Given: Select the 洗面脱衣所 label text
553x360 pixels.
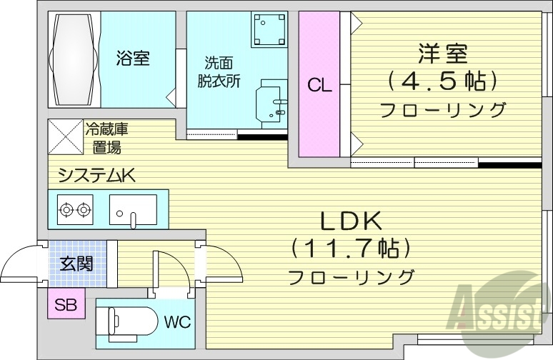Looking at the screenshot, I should (x=219, y=71).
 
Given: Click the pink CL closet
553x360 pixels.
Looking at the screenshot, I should (x=319, y=86).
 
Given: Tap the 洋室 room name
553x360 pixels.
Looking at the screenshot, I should (x=443, y=54).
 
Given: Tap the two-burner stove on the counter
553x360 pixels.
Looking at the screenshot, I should (x=76, y=210).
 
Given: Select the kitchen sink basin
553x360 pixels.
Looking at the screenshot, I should (x=133, y=210).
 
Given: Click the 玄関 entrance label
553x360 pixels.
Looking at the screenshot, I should (x=76, y=264).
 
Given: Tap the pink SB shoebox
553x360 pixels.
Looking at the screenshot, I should (x=66, y=306).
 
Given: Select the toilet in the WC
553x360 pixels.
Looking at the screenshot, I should (x=128, y=319).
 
